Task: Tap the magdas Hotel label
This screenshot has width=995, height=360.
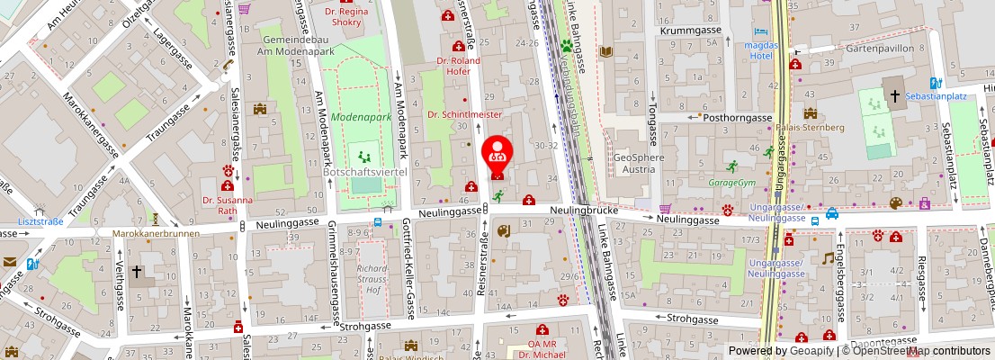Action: (761, 50)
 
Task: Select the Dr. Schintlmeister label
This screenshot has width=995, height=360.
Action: (464, 114)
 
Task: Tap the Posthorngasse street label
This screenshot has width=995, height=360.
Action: (737, 117)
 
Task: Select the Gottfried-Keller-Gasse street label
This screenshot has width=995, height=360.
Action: (408, 271)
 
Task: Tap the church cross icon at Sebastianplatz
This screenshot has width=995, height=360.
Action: (895, 94)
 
